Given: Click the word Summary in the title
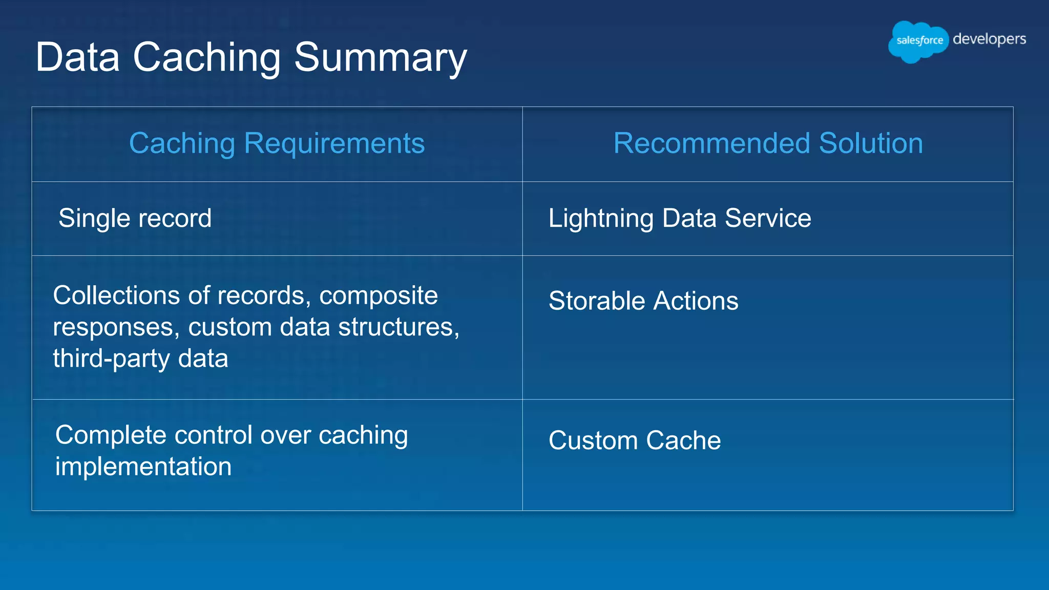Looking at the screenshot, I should point(380,57).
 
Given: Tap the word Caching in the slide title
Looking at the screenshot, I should point(206,57).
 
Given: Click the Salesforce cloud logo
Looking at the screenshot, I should point(918,41).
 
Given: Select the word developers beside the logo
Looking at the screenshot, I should point(989,39).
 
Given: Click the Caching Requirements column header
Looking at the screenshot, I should point(277,143).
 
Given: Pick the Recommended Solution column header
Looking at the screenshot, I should point(768,143).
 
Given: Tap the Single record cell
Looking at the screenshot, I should point(135,218).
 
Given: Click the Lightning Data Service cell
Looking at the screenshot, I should point(680,218).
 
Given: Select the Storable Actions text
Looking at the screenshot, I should point(643,301).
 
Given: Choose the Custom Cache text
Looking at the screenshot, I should point(635,440).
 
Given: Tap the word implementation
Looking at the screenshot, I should point(143,467).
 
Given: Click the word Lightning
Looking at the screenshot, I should point(601,219).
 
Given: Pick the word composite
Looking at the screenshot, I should point(379,296).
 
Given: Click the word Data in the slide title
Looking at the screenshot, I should point(77,57).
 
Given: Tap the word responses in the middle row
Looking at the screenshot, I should point(116,327).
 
